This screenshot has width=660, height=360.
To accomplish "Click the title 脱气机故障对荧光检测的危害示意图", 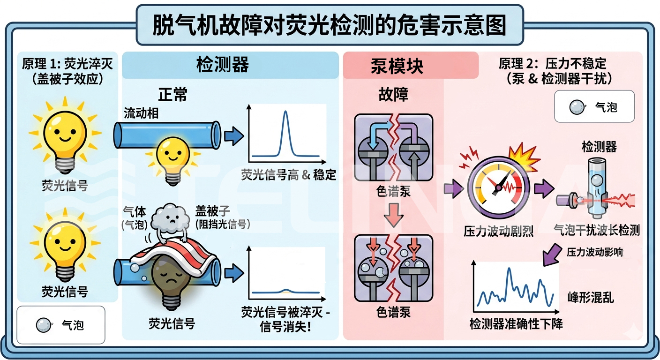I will [x=330, y=25].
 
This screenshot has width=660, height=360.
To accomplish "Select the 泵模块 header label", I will [x=397, y=66].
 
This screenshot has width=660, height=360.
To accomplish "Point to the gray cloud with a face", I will [x=170, y=217].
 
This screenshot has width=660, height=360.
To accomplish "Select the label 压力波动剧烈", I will [x=498, y=231].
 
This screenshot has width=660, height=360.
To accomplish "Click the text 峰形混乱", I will [x=590, y=297].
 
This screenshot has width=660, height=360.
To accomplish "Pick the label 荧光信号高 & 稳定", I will [x=289, y=175].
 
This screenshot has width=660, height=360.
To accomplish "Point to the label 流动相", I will [x=139, y=113].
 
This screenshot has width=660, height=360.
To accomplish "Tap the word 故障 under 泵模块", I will [x=393, y=94].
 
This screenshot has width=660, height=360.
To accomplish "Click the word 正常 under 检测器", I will [x=172, y=95].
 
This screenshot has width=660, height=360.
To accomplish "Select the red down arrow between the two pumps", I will [x=394, y=218].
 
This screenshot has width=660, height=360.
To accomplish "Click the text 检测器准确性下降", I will [x=516, y=323].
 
